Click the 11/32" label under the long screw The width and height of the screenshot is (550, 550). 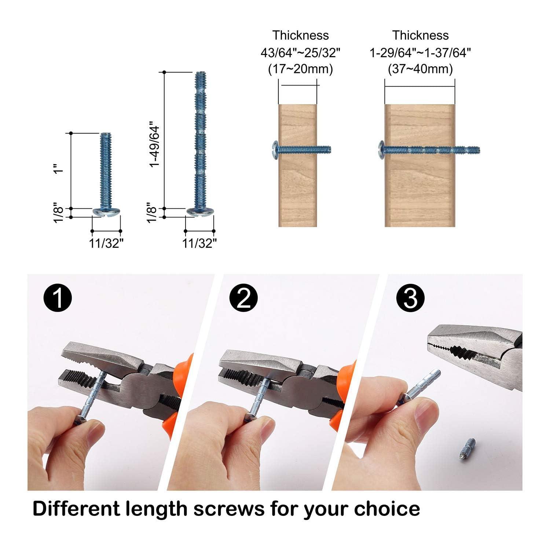(199, 243)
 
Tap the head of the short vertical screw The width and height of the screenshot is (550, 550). (107, 212)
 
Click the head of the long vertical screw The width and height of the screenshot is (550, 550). (201, 212)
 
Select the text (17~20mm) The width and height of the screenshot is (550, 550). (300, 69)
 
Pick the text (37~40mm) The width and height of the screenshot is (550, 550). (420, 69)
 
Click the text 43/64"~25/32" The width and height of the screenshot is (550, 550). (300, 52)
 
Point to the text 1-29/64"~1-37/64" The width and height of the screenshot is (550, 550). (420, 52)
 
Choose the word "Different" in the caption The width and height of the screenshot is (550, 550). (76, 509)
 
